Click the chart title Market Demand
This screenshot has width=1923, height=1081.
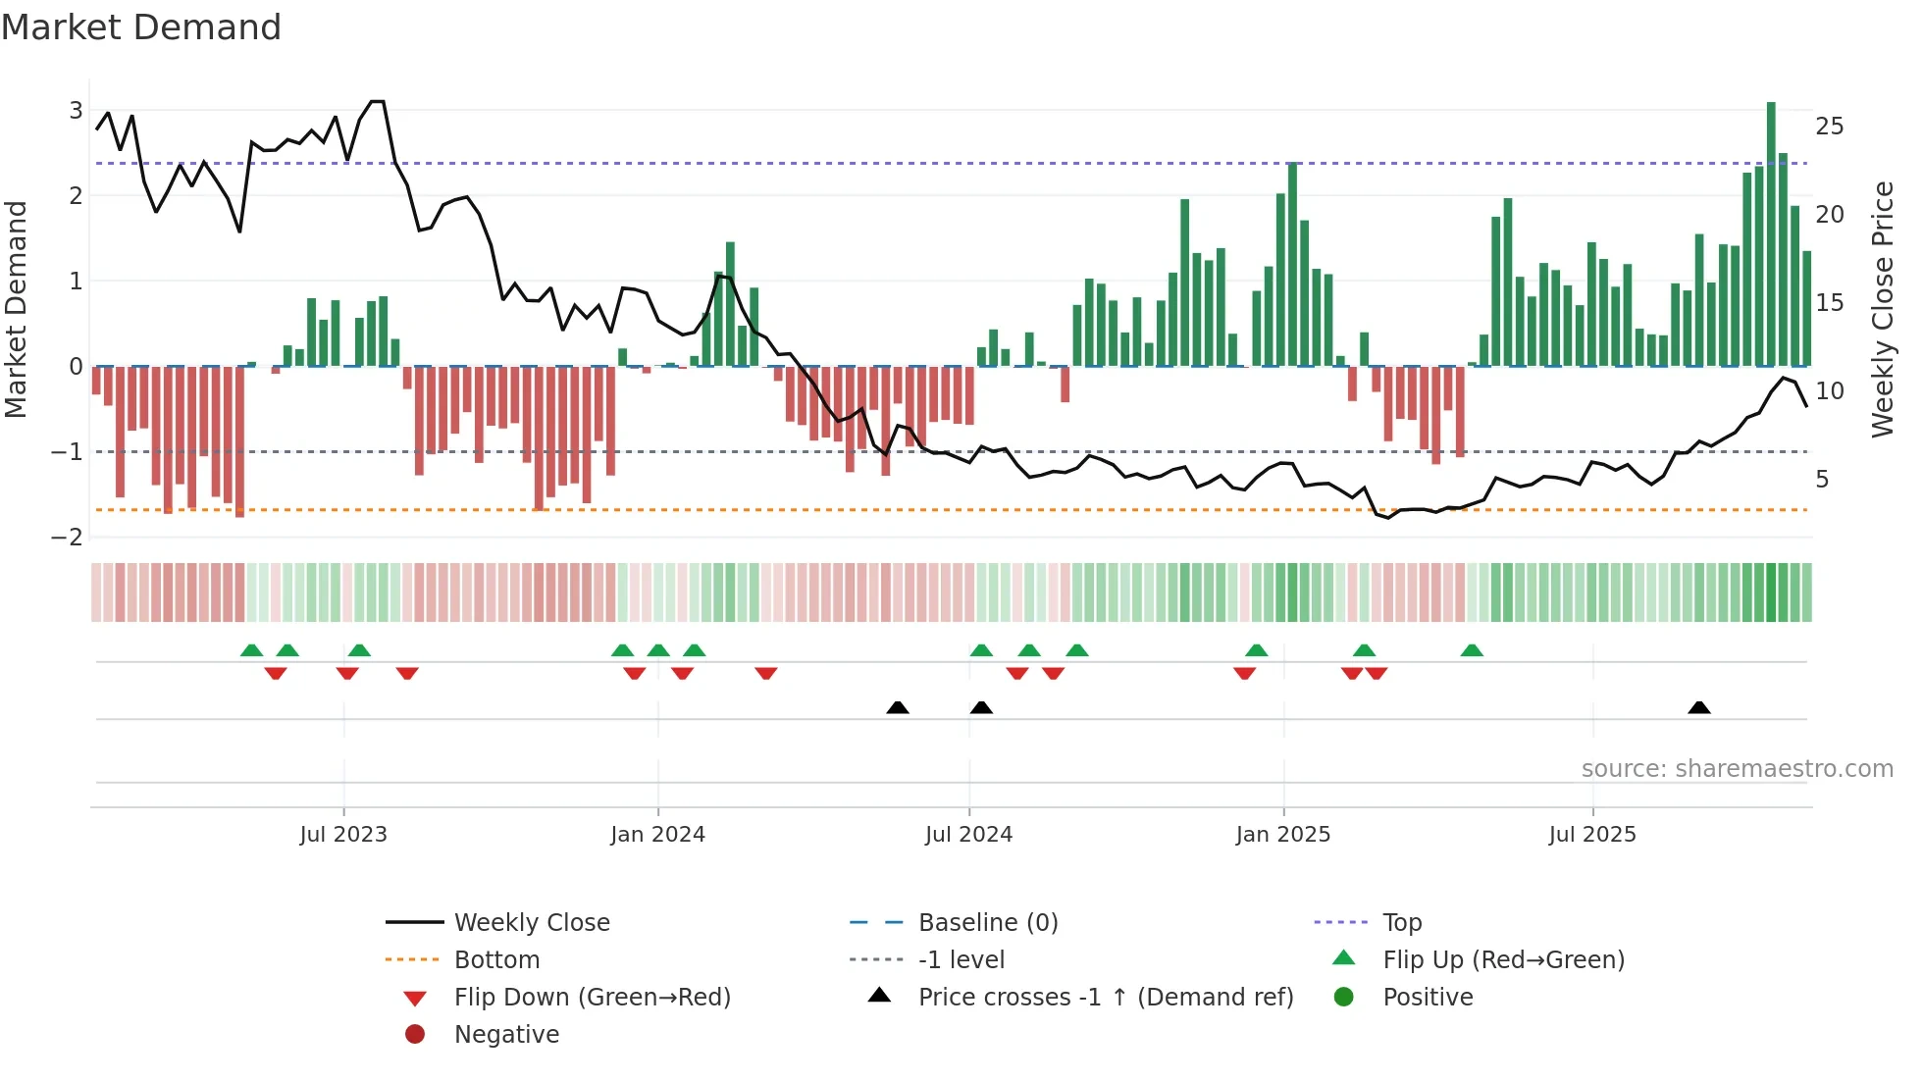click(141, 27)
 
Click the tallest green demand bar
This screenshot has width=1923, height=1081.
click(1771, 235)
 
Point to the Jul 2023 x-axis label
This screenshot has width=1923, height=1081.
click(343, 835)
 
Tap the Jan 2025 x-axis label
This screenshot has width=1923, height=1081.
click(1282, 835)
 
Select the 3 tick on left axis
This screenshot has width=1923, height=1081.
click(76, 110)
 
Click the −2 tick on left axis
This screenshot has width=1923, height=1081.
click(68, 537)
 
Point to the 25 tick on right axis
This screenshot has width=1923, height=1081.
click(1829, 127)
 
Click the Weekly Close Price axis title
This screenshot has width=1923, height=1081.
click(1882, 309)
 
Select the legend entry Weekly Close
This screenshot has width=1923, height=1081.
click(531, 922)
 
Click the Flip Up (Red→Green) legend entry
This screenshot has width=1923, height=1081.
click(1503, 959)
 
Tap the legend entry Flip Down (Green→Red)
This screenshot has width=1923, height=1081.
click(592, 997)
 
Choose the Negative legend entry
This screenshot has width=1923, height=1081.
click(506, 1034)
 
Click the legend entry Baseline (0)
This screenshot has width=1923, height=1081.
click(987, 922)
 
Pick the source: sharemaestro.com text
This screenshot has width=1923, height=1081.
click(1737, 768)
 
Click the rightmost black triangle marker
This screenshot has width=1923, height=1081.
click(1699, 707)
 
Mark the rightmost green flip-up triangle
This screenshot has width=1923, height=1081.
click(1472, 650)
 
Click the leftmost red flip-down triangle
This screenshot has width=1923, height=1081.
click(276, 673)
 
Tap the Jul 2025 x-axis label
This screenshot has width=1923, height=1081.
click(1592, 835)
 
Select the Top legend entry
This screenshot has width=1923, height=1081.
click(1401, 922)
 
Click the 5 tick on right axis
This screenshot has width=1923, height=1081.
click(1822, 480)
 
